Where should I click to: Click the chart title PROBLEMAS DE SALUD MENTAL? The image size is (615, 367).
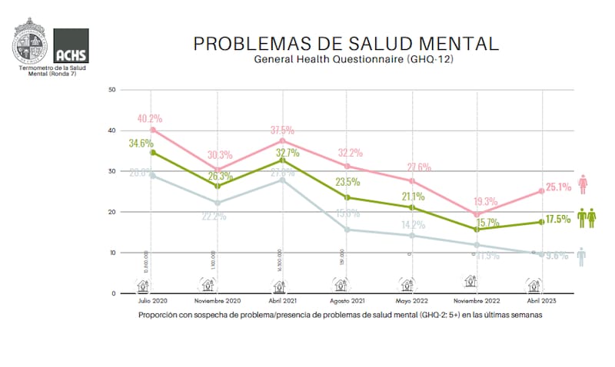pyautogui.click(x=345, y=43)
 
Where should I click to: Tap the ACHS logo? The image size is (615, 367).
pyautogui.click(x=71, y=45)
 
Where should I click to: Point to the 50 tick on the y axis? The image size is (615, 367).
pyautogui.click(x=112, y=90)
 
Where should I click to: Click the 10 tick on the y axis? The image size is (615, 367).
pyautogui.click(x=112, y=253)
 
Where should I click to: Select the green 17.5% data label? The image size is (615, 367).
pyautogui.click(x=560, y=219)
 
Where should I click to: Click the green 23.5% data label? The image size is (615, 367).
pyautogui.click(x=347, y=183)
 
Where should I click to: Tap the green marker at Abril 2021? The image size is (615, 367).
pyautogui.click(x=283, y=160)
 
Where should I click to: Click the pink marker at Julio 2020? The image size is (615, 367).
pyautogui.click(x=154, y=130)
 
